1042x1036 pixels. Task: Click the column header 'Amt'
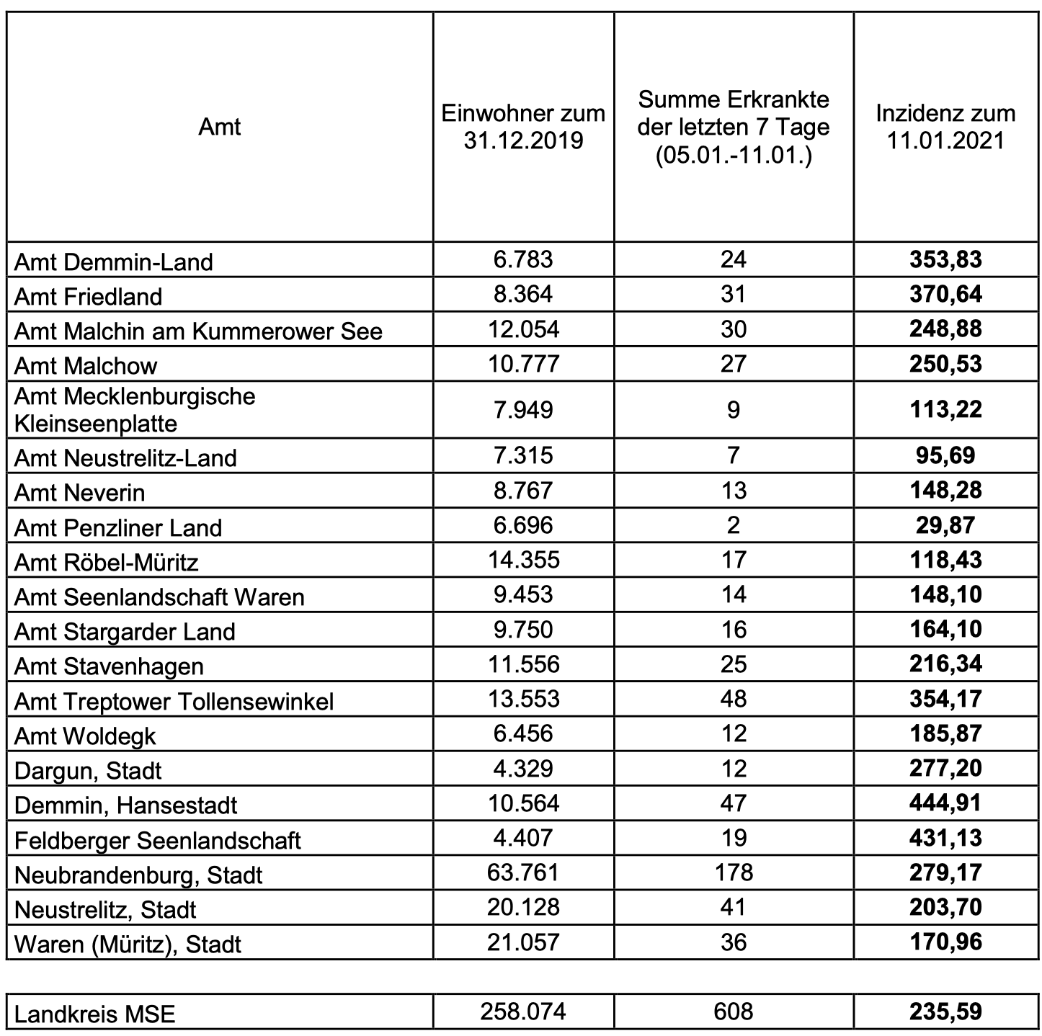(219, 127)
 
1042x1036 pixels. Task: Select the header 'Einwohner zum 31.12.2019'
(523, 127)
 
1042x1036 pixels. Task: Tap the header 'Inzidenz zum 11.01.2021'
(945, 127)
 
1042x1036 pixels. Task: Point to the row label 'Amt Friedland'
(89, 296)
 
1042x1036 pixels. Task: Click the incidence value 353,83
(945, 259)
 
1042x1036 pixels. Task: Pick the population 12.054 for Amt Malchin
(523, 329)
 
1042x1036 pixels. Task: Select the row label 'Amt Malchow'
(86, 365)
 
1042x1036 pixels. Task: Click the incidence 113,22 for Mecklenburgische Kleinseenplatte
(945, 410)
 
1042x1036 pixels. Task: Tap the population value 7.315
(523, 455)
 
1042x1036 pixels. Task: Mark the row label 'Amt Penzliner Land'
(118, 528)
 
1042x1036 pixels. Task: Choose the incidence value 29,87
(945, 525)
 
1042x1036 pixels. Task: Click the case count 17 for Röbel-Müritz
(734, 560)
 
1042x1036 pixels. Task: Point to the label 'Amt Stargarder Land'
(125, 632)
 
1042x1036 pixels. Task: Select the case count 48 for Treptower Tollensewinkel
(734, 699)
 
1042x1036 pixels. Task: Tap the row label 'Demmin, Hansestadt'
(125, 805)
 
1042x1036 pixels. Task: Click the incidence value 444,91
(945, 803)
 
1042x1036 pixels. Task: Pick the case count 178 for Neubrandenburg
(734, 872)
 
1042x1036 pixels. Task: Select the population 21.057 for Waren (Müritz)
(523, 942)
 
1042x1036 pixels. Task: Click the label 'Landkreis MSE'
(94, 1014)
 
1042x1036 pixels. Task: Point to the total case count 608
(734, 1012)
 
